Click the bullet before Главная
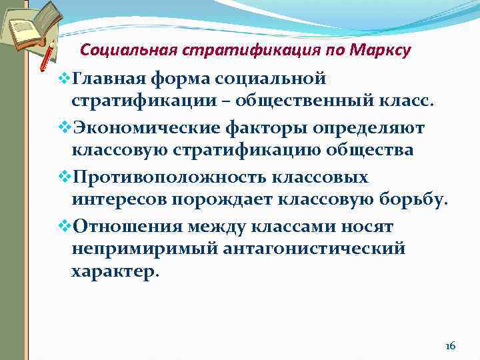[x=64, y=79]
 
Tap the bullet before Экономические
[x=64, y=127]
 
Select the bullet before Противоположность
[x=64, y=177]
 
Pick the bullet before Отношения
[x=64, y=225]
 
